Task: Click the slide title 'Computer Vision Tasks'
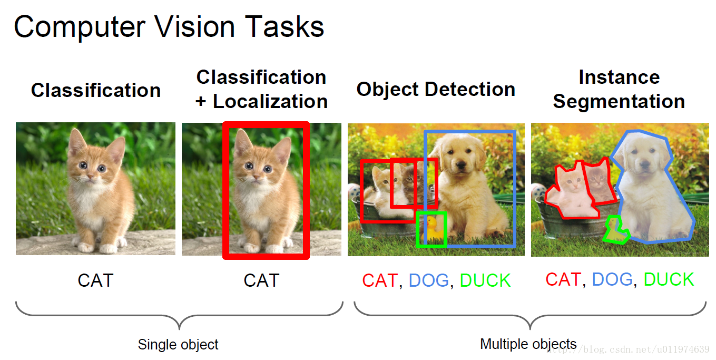169,27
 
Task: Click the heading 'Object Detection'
436,90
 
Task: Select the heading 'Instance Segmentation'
619,89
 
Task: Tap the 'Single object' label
178,345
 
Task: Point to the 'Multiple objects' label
528,344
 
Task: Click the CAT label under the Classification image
95,280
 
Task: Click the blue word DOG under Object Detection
429,280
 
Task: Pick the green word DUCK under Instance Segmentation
669,279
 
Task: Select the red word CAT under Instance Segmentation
563,279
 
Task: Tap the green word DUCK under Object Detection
485,280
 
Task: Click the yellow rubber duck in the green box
432,229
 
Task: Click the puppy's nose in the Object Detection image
460,164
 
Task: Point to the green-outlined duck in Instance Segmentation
615,230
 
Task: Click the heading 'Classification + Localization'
261,89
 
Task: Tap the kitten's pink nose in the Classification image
91,176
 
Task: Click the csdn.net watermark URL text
628,349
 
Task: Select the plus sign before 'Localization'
201,102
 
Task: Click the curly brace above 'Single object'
179,316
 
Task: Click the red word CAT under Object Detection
380,280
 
